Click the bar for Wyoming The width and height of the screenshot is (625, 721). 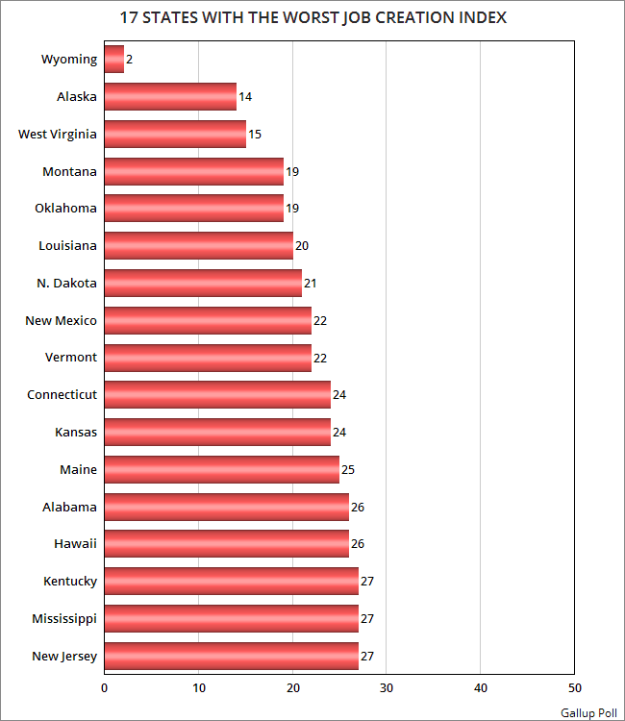click(113, 60)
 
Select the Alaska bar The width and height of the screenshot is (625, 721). click(169, 97)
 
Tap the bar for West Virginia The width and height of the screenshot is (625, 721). click(174, 134)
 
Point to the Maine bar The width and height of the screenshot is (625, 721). click(221, 469)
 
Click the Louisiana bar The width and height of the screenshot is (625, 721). click(198, 246)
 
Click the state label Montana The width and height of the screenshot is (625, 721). click(69, 171)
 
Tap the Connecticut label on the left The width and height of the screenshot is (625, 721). click(62, 395)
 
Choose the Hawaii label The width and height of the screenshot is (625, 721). click(75, 544)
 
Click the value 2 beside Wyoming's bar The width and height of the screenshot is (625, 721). click(130, 60)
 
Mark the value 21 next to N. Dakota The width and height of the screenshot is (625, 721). click(311, 284)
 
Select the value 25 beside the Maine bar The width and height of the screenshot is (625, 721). click(348, 470)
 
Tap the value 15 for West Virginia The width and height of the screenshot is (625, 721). click(255, 135)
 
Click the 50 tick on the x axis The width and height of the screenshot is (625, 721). click(574, 688)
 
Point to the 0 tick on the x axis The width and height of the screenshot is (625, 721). click(104, 688)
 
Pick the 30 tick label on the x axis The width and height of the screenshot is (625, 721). click(387, 688)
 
